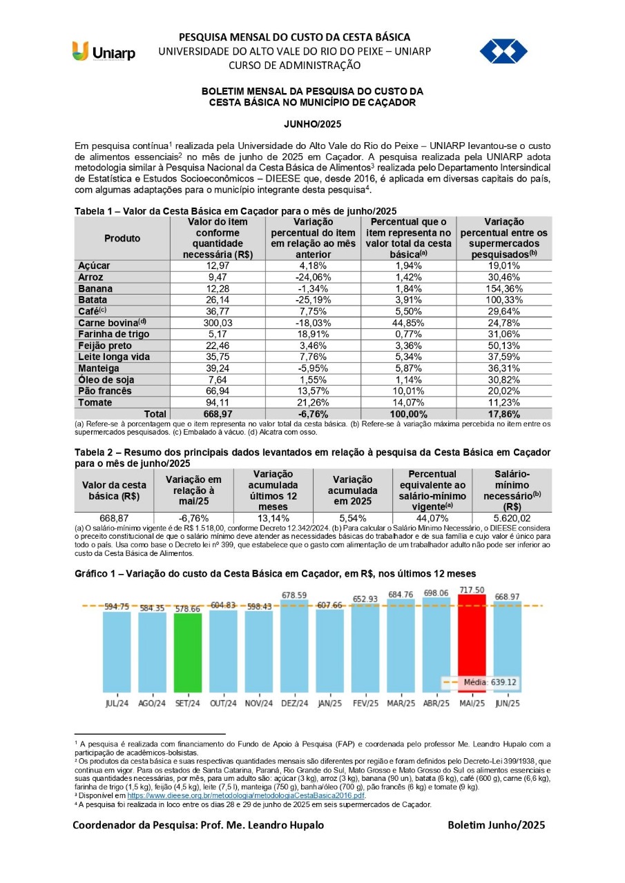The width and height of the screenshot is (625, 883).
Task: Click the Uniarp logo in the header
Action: (x=104, y=52)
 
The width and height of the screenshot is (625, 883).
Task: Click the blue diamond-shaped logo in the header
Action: (x=503, y=51)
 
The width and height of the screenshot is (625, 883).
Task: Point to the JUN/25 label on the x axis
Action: (x=507, y=703)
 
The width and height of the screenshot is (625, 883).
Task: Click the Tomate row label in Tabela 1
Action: (x=95, y=402)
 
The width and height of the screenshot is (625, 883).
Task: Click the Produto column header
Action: (x=122, y=239)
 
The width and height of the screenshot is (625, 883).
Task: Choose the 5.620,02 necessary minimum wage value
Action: (x=512, y=518)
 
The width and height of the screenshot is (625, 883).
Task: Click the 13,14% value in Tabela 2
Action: (x=273, y=518)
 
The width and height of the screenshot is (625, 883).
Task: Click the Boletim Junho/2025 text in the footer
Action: (x=496, y=825)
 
